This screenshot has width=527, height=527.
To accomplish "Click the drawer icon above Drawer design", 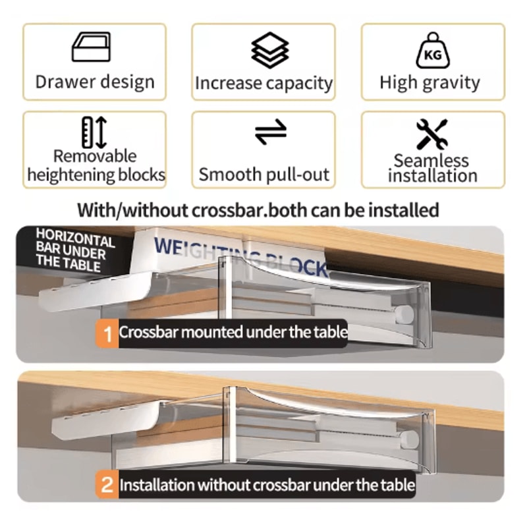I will pyautogui.click(x=91, y=48).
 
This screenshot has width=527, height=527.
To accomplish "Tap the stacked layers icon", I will pyautogui.click(x=270, y=49).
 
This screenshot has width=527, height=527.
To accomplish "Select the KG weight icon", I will pyautogui.click(x=432, y=51).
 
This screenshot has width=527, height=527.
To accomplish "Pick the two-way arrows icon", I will pyautogui.click(x=271, y=132).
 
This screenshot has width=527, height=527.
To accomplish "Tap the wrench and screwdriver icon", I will pyautogui.click(x=432, y=134).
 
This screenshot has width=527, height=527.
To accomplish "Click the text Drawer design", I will pyautogui.click(x=95, y=82).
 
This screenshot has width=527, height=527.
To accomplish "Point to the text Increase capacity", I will pyautogui.click(x=263, y=84).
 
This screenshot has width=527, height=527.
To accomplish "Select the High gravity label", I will pyautogui.click(x=430, y=83).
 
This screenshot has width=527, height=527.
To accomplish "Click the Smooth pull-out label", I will pyautogui.click(x=263, y=175).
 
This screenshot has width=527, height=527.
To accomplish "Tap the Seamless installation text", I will pyautogui.click(x=432, y=168).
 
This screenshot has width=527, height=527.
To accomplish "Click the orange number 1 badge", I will pyautogui.click(x=106, y=333).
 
